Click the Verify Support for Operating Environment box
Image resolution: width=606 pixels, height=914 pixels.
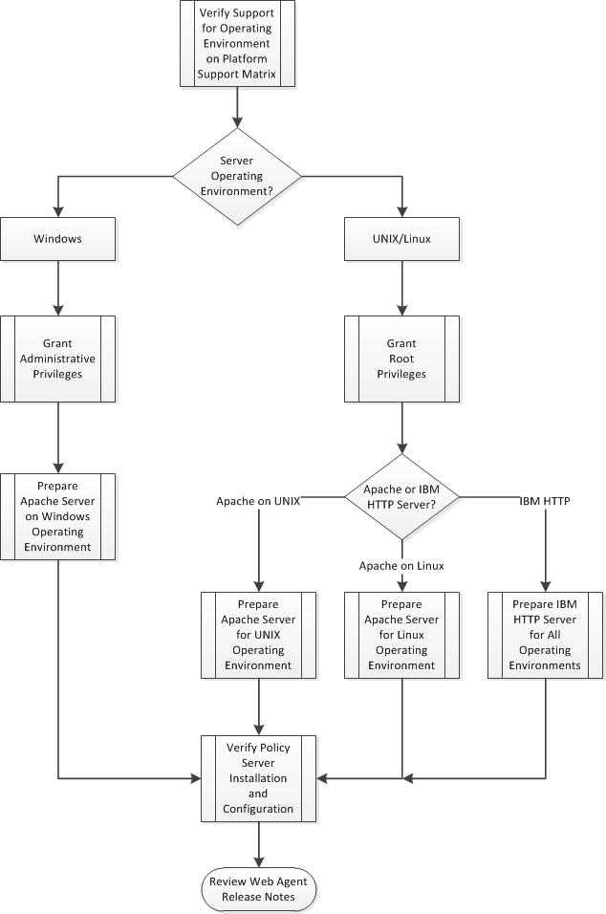point(236,43)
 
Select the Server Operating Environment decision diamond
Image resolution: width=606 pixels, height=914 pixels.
point(236,176)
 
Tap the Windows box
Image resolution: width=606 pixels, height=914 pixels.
point(58,239)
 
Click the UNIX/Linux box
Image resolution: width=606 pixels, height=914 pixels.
point(401,239)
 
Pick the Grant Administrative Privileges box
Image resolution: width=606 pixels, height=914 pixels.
point(58,359)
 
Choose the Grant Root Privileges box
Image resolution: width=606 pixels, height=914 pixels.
point(401,359)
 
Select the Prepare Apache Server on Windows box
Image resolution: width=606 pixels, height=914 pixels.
point(58,515)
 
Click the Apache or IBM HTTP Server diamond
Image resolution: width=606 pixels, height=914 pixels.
point(401,496)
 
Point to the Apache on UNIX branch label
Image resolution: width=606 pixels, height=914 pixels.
point(258,500)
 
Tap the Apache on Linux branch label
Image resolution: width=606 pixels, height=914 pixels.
point(401,565)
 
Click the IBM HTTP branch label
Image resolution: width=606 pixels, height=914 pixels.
point(545,500)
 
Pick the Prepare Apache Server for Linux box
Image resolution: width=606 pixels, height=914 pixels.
point(401,635)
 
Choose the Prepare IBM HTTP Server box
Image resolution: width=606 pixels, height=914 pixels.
point(545,635)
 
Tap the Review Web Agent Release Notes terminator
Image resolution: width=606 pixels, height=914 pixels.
point(258,889)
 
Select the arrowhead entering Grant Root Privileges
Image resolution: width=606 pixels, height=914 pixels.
point(401,310)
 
